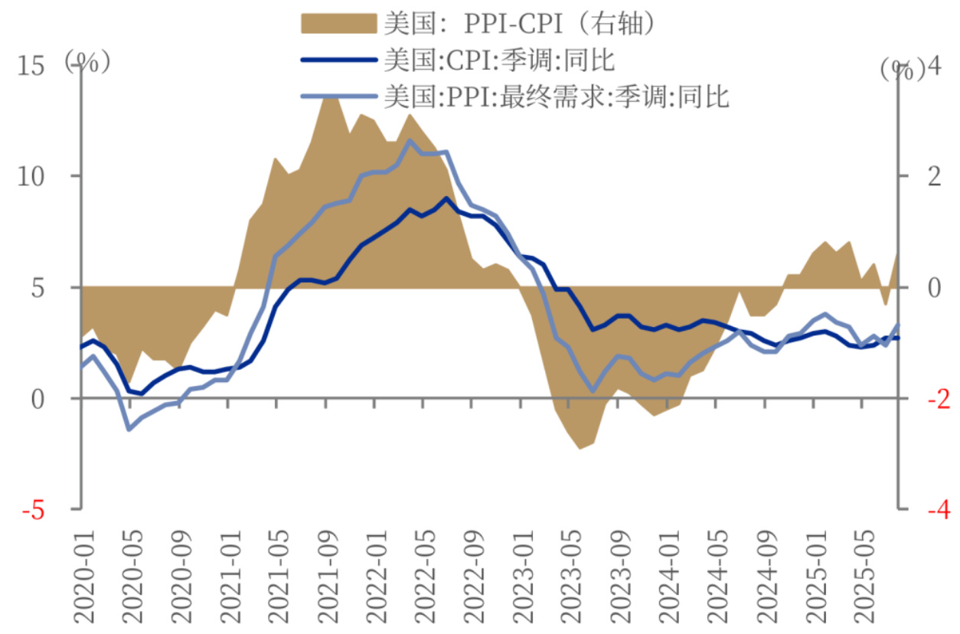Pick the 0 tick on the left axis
pos(38,399)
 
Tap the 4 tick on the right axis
pos(932,67)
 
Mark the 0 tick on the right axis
pos(932,288)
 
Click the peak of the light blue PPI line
pos(410,141)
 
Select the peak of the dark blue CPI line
pos(447,198)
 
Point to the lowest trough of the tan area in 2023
pos(581,448)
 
